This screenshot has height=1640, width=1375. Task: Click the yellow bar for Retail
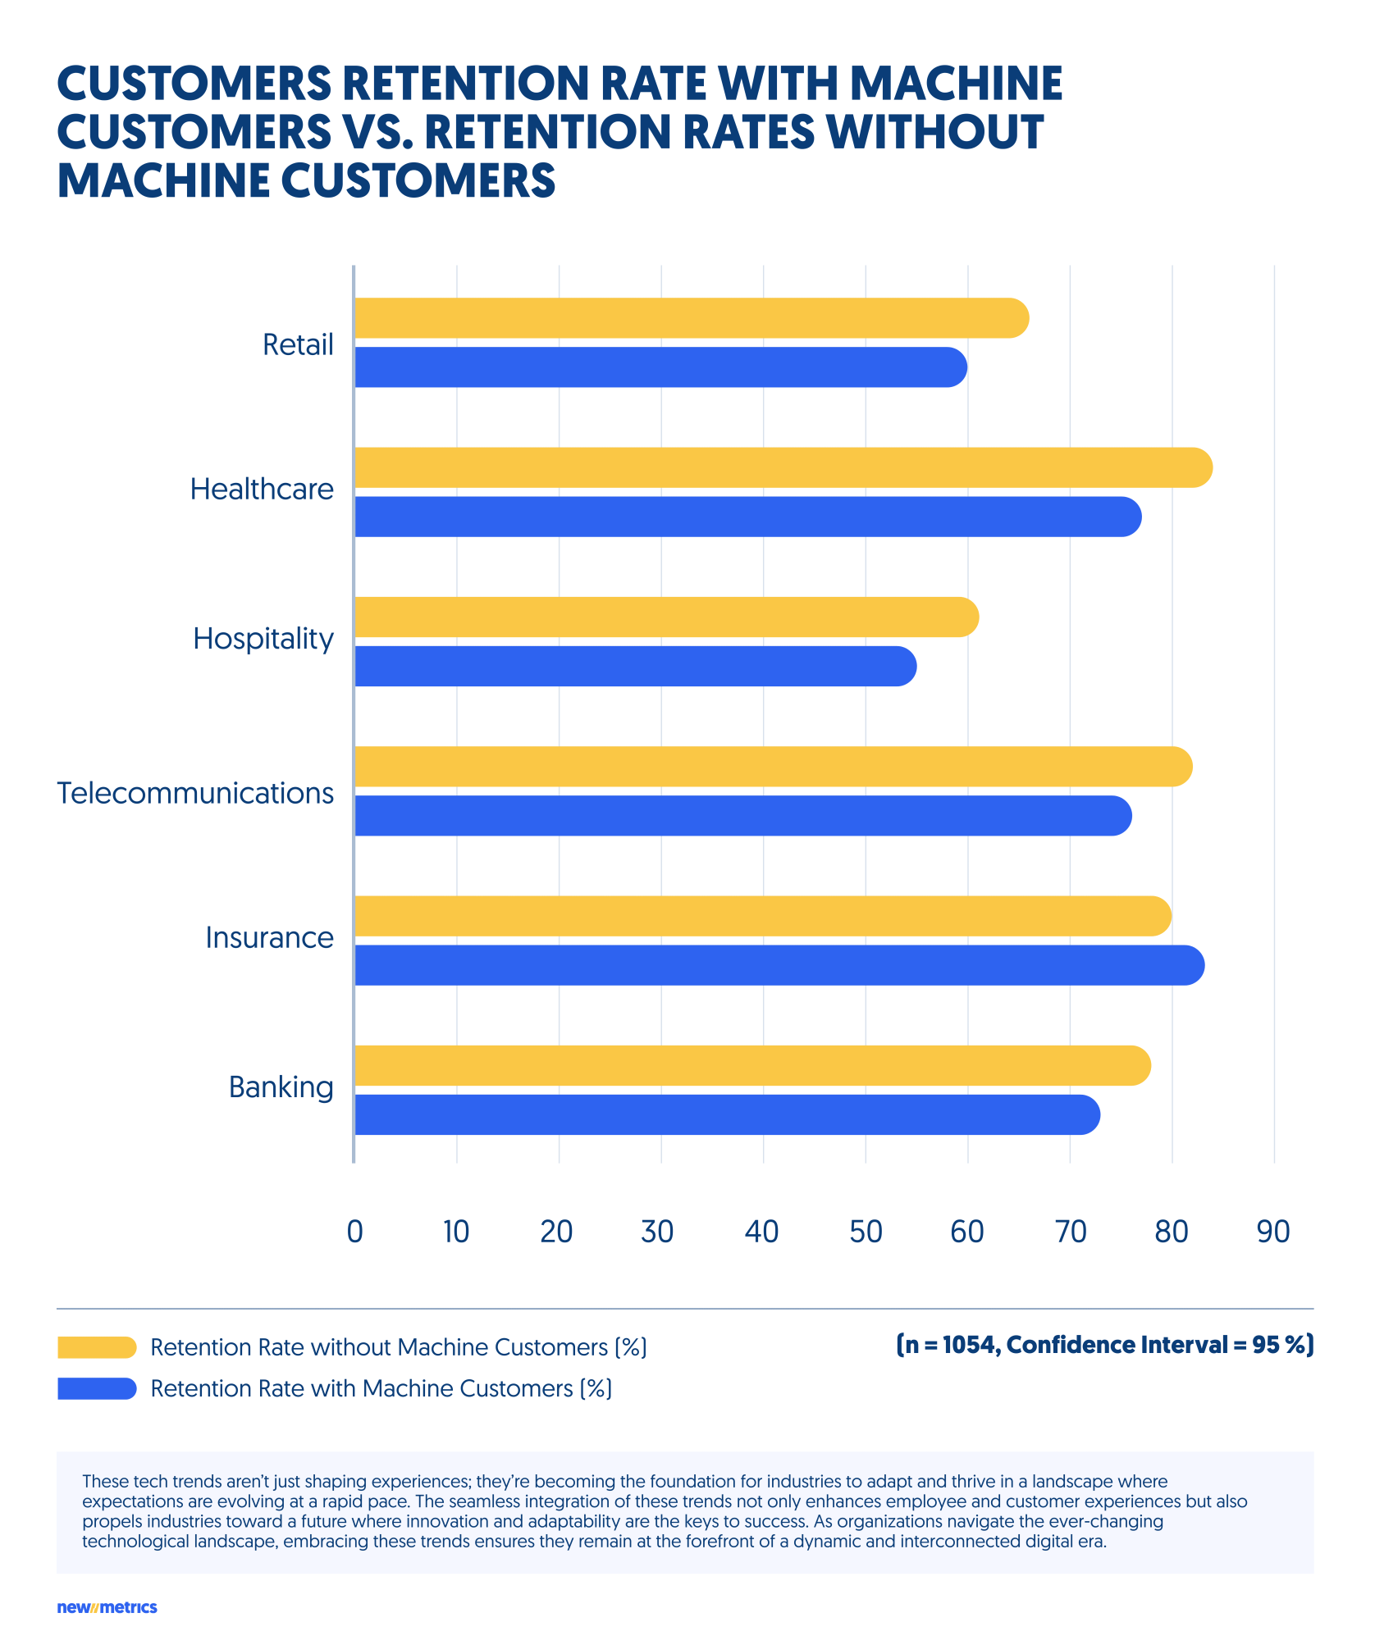tap(689, 318)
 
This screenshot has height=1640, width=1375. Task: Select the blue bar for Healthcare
tap(747, 517)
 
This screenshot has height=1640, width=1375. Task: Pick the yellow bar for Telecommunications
tap(771, 767)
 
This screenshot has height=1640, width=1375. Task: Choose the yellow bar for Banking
tap(751, 1065)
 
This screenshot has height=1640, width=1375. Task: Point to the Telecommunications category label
tap(195, 793)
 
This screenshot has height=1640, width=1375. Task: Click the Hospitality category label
tap(263, 638)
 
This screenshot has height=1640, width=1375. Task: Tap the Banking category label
tap(281, 1087)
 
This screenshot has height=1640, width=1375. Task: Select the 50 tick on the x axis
tap(866, 1232)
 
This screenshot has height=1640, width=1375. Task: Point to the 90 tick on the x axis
tap(1273, 1232)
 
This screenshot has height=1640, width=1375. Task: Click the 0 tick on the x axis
tap(354, 1232)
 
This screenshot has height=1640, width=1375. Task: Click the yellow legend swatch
tap(97, 1347)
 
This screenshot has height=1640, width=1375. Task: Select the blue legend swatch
tap(97, 1388)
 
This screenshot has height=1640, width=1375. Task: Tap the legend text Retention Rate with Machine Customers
tap(381, 1388)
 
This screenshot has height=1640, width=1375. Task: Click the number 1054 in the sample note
tap(970, 1345)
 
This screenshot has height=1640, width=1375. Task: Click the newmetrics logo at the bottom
tap(107, 1607)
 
